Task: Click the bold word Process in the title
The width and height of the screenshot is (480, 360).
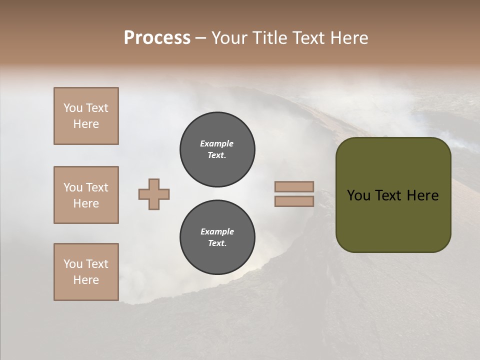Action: tap(157, 38)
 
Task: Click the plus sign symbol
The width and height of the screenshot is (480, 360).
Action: tap(154, 194)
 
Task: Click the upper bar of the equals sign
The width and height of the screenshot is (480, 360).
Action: tap(294, 187)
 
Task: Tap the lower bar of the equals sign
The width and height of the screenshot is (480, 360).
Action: tap(294, 201)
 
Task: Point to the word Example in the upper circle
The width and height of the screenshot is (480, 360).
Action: tap(217, 144)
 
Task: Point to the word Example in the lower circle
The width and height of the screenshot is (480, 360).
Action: tap(217, 232)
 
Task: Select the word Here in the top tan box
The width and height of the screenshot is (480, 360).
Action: tap(86, 124)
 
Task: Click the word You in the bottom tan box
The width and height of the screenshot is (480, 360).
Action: tap(73, 264)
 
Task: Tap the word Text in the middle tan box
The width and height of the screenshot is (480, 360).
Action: tap(96, 187)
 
